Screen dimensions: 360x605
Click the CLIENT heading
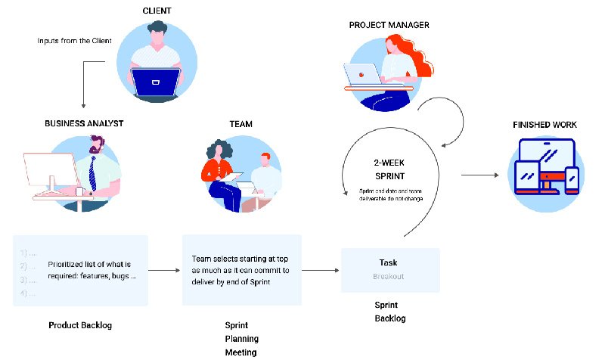point(157,11)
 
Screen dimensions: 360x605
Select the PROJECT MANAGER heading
point(389,25)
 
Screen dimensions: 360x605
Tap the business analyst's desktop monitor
point(49,172)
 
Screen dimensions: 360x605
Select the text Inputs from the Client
point(75,40)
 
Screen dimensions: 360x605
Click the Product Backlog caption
point(80,325)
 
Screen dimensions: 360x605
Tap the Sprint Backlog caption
point(390,311)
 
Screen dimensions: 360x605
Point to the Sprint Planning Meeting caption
point(241,339)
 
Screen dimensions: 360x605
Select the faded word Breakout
point(388,276)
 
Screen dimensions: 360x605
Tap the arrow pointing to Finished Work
point(480,175)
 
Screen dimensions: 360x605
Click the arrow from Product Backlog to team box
point(164,269)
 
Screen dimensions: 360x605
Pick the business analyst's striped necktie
point(92,172)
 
